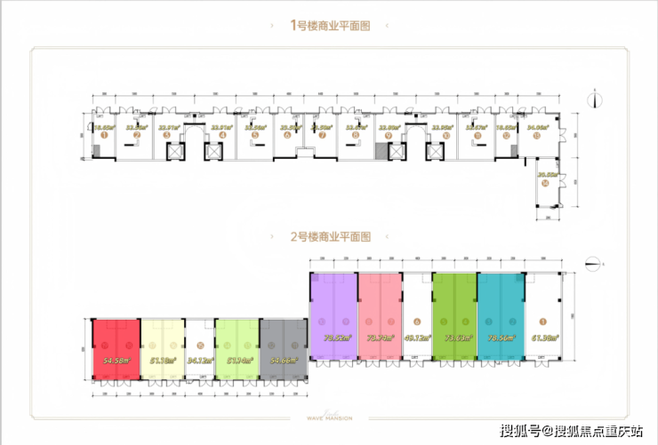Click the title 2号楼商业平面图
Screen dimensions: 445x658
click(329, 237)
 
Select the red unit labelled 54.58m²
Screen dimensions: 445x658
click(116, 346)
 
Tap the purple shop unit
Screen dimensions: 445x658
click(333, 315)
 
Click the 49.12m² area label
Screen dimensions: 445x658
click(416, 338)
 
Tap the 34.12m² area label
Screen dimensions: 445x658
click(199, 361)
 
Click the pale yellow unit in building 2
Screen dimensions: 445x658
click(162, 346)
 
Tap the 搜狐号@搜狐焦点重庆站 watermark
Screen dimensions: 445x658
click(571, 431)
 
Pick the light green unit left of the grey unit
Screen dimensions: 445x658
click(237, 346)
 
